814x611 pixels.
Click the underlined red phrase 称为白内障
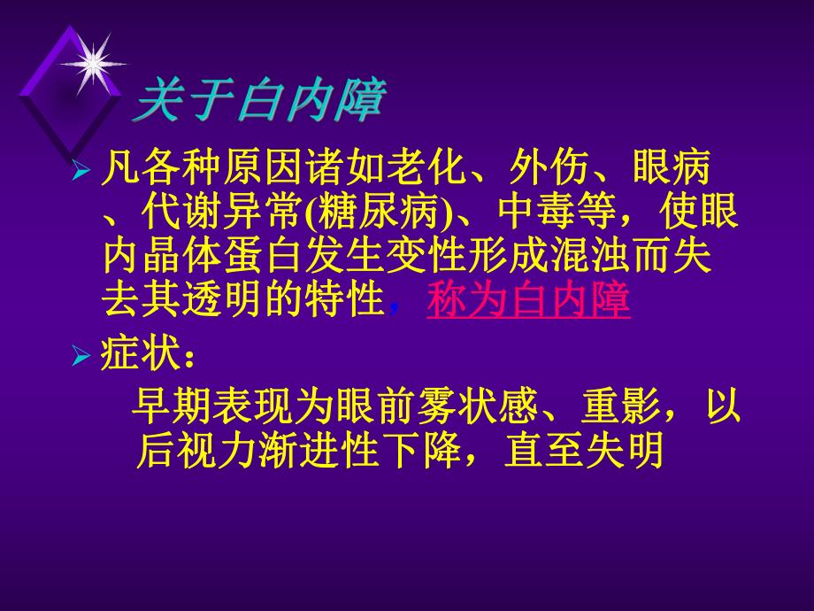pos(528,300)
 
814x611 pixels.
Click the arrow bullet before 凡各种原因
pos(81,168)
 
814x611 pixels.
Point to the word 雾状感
pos(479,408)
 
